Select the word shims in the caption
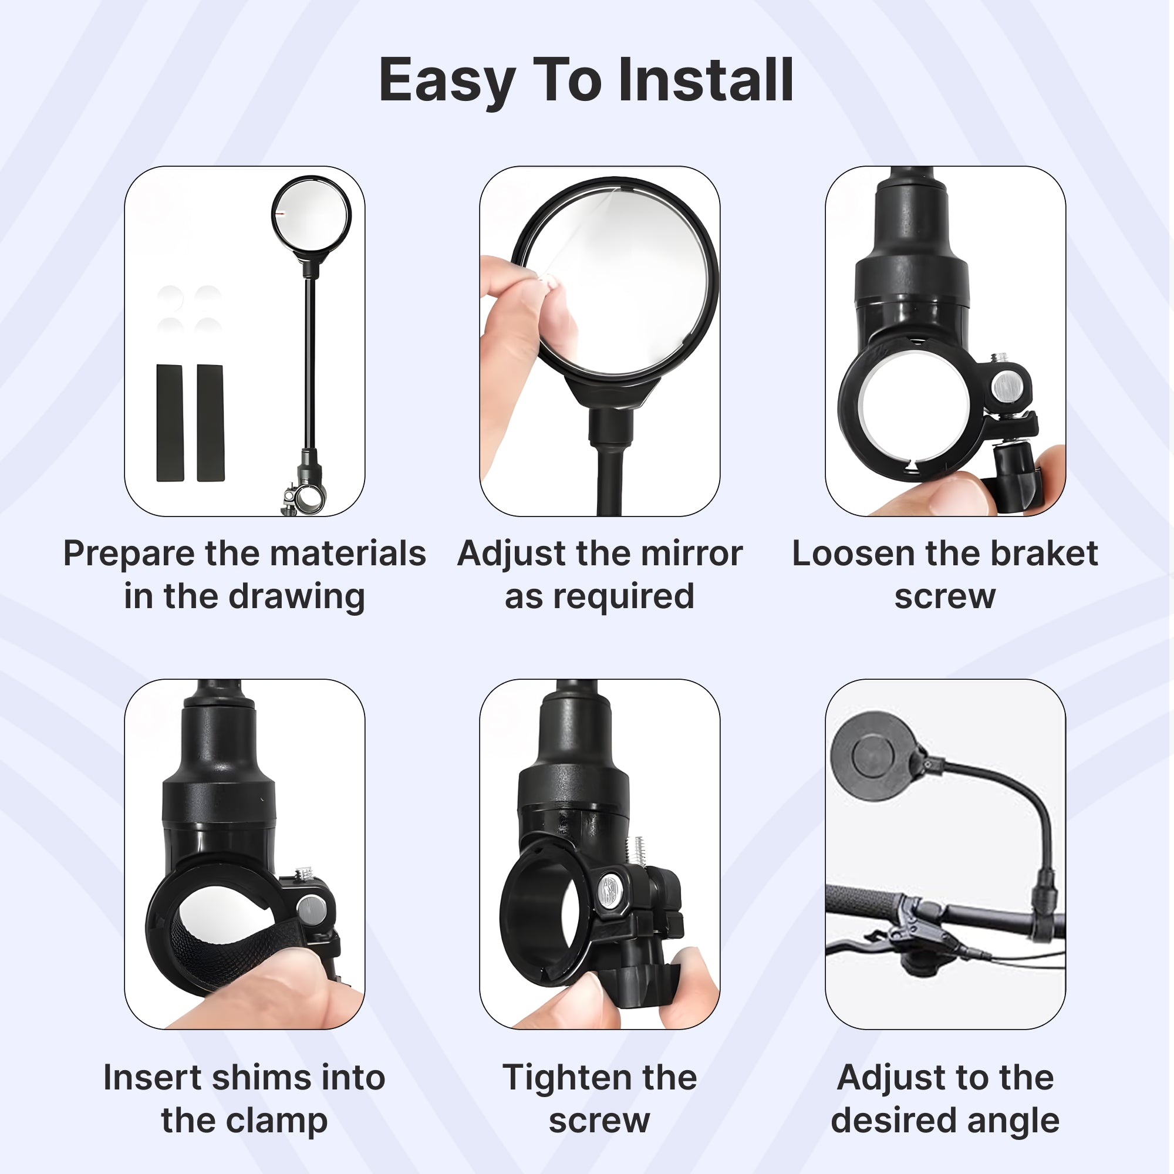pos(258,1077)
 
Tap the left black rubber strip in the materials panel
pos(170,423)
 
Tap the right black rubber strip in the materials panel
pos(210,423)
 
